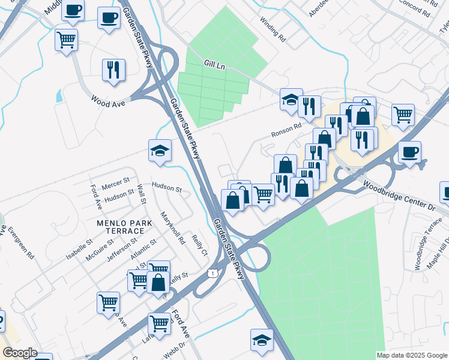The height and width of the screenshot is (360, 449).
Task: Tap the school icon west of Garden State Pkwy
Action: (x=160, y=150)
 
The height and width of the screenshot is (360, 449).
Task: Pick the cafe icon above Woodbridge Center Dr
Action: (x=409, y=151)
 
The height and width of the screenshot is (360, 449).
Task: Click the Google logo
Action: (x=20, y=353)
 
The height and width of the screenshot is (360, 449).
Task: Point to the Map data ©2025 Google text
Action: (x=411, y=355)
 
